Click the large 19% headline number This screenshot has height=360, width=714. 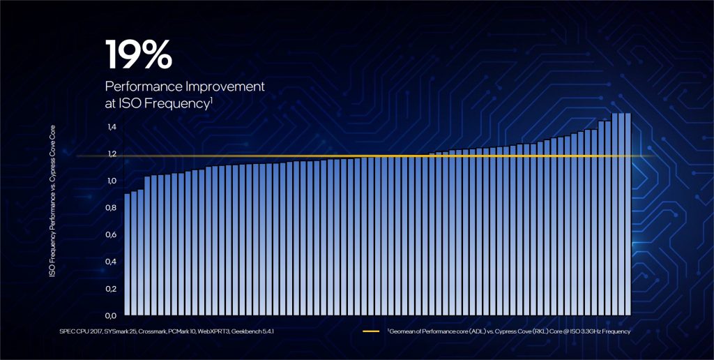coord(137,54)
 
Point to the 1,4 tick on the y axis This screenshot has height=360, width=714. coord(112,127)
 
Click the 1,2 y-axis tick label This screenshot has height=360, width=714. coord(112,154)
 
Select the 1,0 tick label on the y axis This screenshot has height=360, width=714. coord(112,181)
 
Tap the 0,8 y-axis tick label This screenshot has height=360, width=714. coord(112,208)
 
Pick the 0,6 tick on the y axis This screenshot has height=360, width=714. coord(112,234)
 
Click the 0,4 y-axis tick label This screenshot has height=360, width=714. coord(112,262)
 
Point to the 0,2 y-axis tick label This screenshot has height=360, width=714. coord(112,288)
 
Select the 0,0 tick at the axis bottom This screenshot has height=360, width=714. coord(112,315)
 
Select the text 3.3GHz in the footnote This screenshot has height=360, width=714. coord(584,331)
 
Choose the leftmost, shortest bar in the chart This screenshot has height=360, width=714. coord(127,254)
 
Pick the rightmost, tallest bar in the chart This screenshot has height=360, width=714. coord(627,213)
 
